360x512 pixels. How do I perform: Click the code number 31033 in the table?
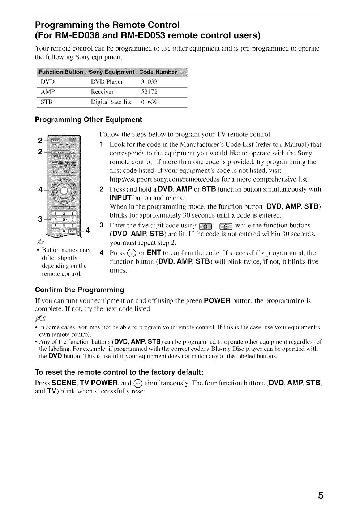pos(149,82)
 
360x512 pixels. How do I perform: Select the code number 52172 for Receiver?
pos(149,92)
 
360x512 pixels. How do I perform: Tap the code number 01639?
pos(149,102)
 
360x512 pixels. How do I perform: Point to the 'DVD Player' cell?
pos(107,82)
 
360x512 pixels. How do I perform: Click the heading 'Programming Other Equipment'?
pos(88,120)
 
